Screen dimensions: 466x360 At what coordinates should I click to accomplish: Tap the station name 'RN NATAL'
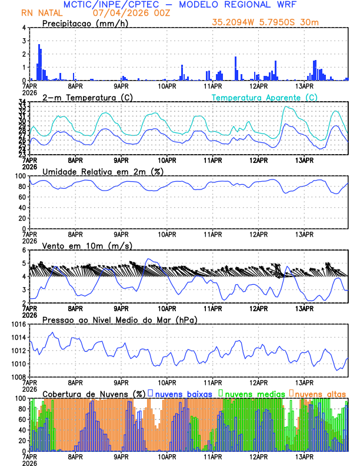coord(39,12)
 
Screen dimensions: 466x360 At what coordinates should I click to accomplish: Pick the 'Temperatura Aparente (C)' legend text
coord(264,97)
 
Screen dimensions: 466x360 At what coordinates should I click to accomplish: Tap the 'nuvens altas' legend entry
coord(320,393)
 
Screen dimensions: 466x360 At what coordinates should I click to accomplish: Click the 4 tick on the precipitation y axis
coord(24,28)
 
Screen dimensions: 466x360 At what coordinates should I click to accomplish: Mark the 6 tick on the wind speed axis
coord(24,250)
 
